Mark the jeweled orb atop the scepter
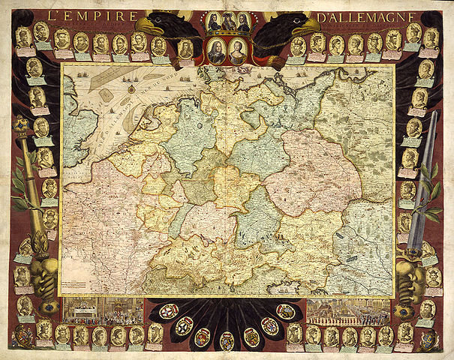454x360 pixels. tap(20, 123)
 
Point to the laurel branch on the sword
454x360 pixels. tap(431, 195)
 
